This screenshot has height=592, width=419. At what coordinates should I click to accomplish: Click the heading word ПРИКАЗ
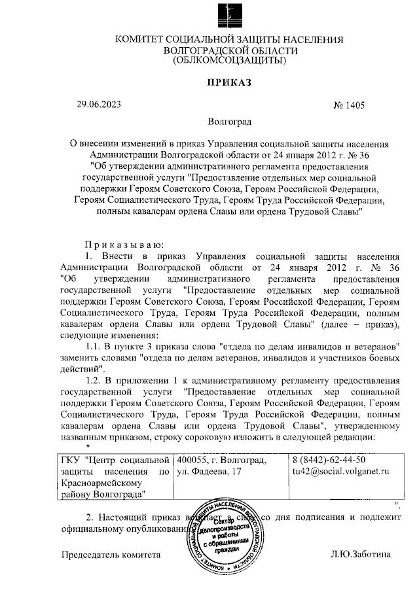(228, 83)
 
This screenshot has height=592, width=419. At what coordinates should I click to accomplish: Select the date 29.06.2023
(99, 104)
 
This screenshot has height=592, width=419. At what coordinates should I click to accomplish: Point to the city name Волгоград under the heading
(229, 122)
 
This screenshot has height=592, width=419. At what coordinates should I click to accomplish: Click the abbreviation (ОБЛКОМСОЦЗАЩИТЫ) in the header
(229, 61)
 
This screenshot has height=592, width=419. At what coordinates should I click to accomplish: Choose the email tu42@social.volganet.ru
(340, 471)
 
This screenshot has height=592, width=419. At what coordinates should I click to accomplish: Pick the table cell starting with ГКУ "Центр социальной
(115, 476)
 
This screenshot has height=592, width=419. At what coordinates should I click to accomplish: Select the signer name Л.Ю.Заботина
(361, 555)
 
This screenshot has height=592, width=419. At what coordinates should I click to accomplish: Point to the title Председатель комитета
(110, 555)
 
